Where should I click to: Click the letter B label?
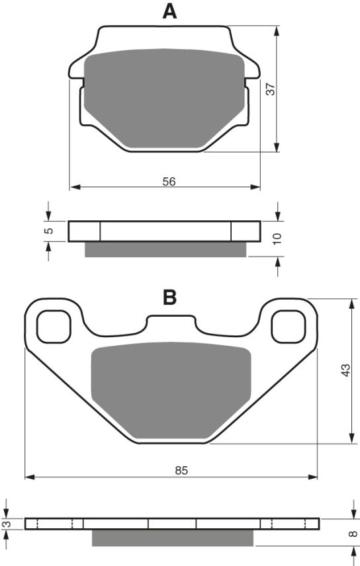170,298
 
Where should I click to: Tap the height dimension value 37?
271,89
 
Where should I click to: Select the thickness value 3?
7,524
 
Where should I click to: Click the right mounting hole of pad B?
288,326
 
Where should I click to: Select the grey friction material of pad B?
171,393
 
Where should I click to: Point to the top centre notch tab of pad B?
171,323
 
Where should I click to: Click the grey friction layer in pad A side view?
165,249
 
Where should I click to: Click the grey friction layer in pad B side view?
172,538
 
